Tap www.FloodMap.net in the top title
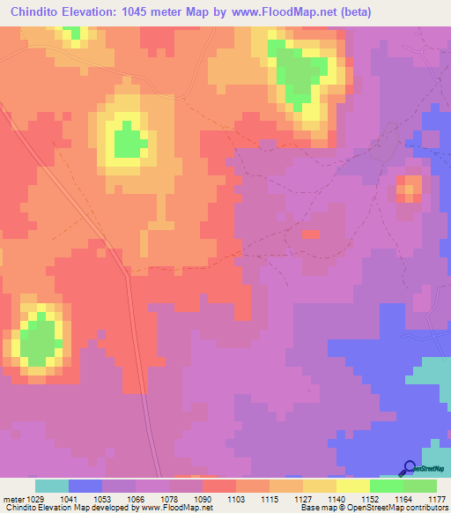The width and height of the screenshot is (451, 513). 270,12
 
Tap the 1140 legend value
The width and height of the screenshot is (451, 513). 336,500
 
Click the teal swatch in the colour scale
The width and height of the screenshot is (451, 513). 52,486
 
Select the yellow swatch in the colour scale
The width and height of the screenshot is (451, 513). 353,486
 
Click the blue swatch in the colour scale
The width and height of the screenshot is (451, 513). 85,486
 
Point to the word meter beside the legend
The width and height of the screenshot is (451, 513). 14,500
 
